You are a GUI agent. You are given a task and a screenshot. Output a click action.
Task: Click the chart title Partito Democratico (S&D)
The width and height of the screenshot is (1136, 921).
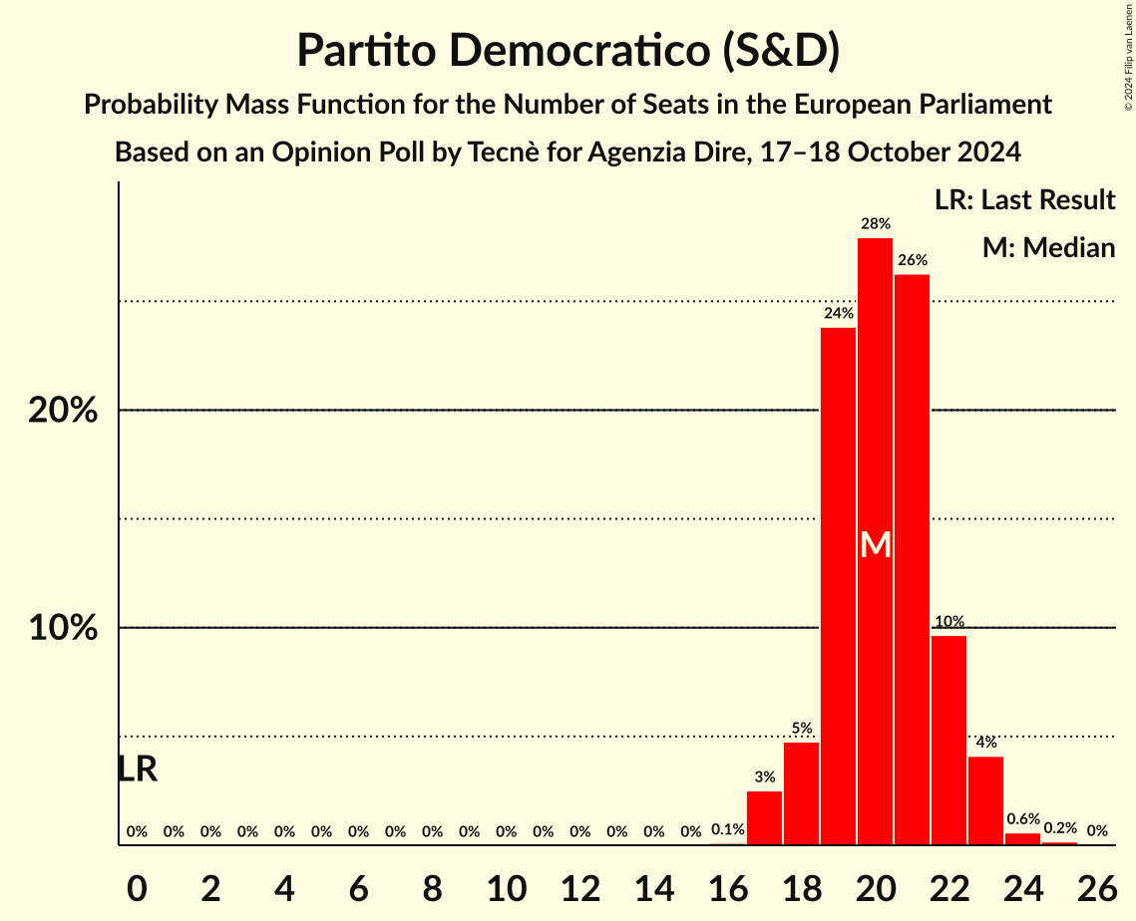[x=568, y=50]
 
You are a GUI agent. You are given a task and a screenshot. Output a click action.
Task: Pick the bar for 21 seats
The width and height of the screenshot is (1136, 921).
[x=912, y=559]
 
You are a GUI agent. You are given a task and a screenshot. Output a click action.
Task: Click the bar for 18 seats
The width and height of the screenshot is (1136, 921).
[x=801, y=793]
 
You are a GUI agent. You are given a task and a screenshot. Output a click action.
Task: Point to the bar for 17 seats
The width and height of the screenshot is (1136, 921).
[x=764, y=818]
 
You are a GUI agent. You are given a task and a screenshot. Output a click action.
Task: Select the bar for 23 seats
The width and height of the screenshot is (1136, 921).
[x=985, y=800]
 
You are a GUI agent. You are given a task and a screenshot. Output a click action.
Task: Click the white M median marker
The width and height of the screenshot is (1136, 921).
[x=875, y=544]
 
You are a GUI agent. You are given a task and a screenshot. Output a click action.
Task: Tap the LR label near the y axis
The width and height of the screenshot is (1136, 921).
[x=137, y=768]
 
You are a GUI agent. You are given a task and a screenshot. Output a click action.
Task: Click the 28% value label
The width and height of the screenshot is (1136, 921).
[x=875, y=224]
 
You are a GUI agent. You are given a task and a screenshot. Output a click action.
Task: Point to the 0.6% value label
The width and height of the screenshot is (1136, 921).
[x=1022, y=819]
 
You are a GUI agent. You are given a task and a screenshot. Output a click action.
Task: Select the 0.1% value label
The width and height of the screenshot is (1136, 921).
[x=727, y=829]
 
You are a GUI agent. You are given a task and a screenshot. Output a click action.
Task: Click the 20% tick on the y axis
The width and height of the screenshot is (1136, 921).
[x=63, y=410]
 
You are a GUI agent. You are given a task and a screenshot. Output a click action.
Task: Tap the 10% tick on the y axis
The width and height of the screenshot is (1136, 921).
[x=63, y=628]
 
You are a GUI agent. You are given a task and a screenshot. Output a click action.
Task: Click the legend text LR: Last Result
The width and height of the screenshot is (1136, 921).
[x=1024, y=200]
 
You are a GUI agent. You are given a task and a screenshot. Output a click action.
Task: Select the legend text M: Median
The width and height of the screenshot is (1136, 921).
[x=1048, y=247]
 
